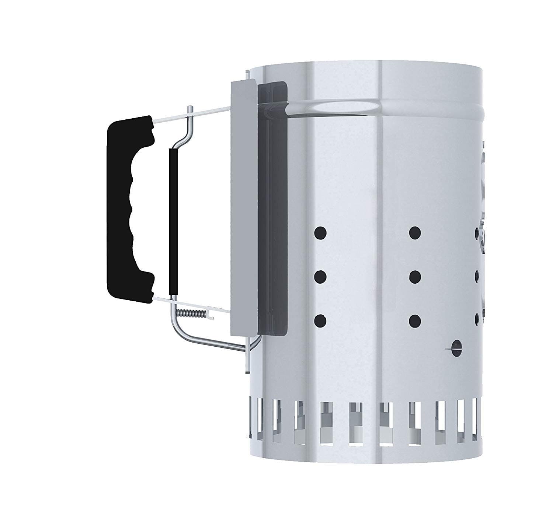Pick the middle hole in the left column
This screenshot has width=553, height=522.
pyautogui.click(x=320, y=276)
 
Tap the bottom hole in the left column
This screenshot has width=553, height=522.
pyautogui.click(x=320, y=320)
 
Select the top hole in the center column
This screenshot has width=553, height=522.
pyautogui.click(x=415, y=232)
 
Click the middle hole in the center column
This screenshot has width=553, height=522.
pyautogui.click(x=415, y=276)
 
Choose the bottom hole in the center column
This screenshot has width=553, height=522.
pyautogui.click(x=415, y=320)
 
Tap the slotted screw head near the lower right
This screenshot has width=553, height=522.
pyautogui.click(x=457, y=348)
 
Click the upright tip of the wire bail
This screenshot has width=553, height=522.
pyautogui.click(x=189, y=110)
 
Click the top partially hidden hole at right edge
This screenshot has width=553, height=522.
pyautogui.click(x=477, y=233)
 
